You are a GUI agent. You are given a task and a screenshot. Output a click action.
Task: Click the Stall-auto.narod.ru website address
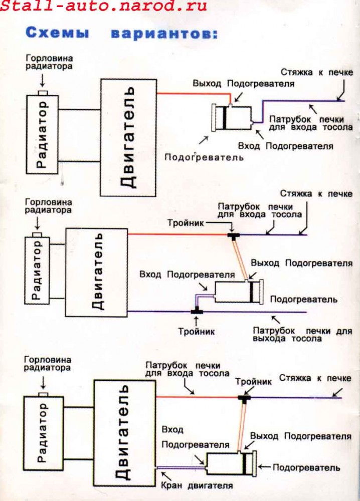click(103, 6)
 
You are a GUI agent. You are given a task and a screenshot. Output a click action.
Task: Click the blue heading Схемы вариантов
click(121, 33)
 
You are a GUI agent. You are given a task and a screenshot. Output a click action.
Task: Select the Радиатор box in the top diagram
click(42, 134)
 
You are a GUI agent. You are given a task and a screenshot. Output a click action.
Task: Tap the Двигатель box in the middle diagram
click(97, 272)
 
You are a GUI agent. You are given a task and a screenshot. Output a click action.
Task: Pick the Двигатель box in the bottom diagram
click(125, 433)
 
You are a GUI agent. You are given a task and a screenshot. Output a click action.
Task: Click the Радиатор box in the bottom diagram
click(44, 433)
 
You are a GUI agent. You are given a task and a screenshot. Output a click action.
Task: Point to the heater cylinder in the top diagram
click(232, 117)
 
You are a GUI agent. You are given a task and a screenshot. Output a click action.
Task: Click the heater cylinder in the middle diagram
click(239, 292)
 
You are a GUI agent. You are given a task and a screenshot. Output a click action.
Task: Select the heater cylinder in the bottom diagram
click(231, 463)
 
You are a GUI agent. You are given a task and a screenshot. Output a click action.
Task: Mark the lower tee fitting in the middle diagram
click(197, 311)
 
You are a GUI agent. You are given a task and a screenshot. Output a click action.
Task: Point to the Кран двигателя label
click(197, 485)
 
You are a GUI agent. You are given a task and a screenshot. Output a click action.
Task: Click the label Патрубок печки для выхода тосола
click(302, 334)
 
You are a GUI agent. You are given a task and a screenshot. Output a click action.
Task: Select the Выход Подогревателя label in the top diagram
click(243, 84)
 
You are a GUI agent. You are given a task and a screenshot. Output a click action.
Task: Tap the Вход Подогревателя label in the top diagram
click(285, 146)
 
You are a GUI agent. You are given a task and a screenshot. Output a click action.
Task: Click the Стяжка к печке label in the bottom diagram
click(315, 378)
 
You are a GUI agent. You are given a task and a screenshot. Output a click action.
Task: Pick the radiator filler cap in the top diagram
click(43, 93)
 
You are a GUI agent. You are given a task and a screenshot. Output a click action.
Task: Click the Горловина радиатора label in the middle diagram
click(48, 206)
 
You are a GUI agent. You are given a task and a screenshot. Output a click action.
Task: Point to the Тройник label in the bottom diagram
click(254, 382)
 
